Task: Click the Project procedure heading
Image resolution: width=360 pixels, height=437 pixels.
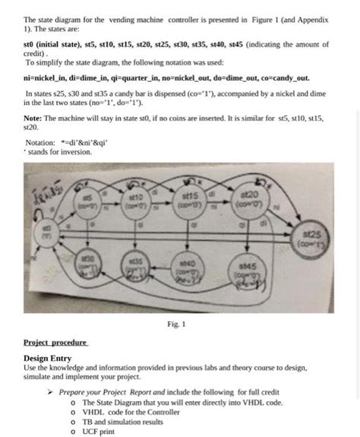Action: (55, 343)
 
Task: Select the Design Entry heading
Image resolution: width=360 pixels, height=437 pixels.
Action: (48, 357)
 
